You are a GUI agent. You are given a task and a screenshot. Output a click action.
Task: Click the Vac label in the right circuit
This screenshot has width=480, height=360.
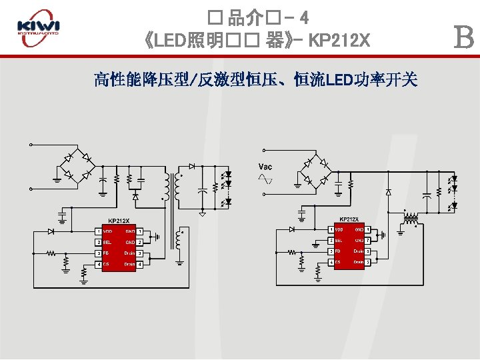click(x=265, y=166)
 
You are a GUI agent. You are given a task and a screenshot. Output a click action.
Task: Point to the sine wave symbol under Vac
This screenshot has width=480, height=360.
click(x=265, y=179)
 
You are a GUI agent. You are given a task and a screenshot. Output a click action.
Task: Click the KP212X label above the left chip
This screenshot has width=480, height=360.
click(x=119, y=221)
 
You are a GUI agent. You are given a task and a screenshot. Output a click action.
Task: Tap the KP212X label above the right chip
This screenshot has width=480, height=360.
click(x=349, y=219)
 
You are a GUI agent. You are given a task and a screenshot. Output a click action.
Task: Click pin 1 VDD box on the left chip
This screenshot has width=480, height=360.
click(x=98, y=231)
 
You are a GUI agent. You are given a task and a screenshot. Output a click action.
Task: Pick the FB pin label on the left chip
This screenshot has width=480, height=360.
click(x=105, y=253)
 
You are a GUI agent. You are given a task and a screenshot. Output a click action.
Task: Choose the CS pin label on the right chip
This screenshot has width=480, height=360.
click(x=337, y=262)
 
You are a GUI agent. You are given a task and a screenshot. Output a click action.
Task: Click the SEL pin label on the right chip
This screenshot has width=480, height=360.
click(x=339, y=240)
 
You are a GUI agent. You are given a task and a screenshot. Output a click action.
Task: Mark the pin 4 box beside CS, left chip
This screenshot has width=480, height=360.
click(x=98, y=265)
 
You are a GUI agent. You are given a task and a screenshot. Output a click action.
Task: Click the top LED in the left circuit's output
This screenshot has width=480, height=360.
click(x=227, y=175)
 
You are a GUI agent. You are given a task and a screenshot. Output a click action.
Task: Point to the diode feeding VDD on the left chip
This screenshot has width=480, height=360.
click(x=51, y=231)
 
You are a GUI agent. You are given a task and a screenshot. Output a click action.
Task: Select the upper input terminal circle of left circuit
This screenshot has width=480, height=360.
click(x=30, y=145)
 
